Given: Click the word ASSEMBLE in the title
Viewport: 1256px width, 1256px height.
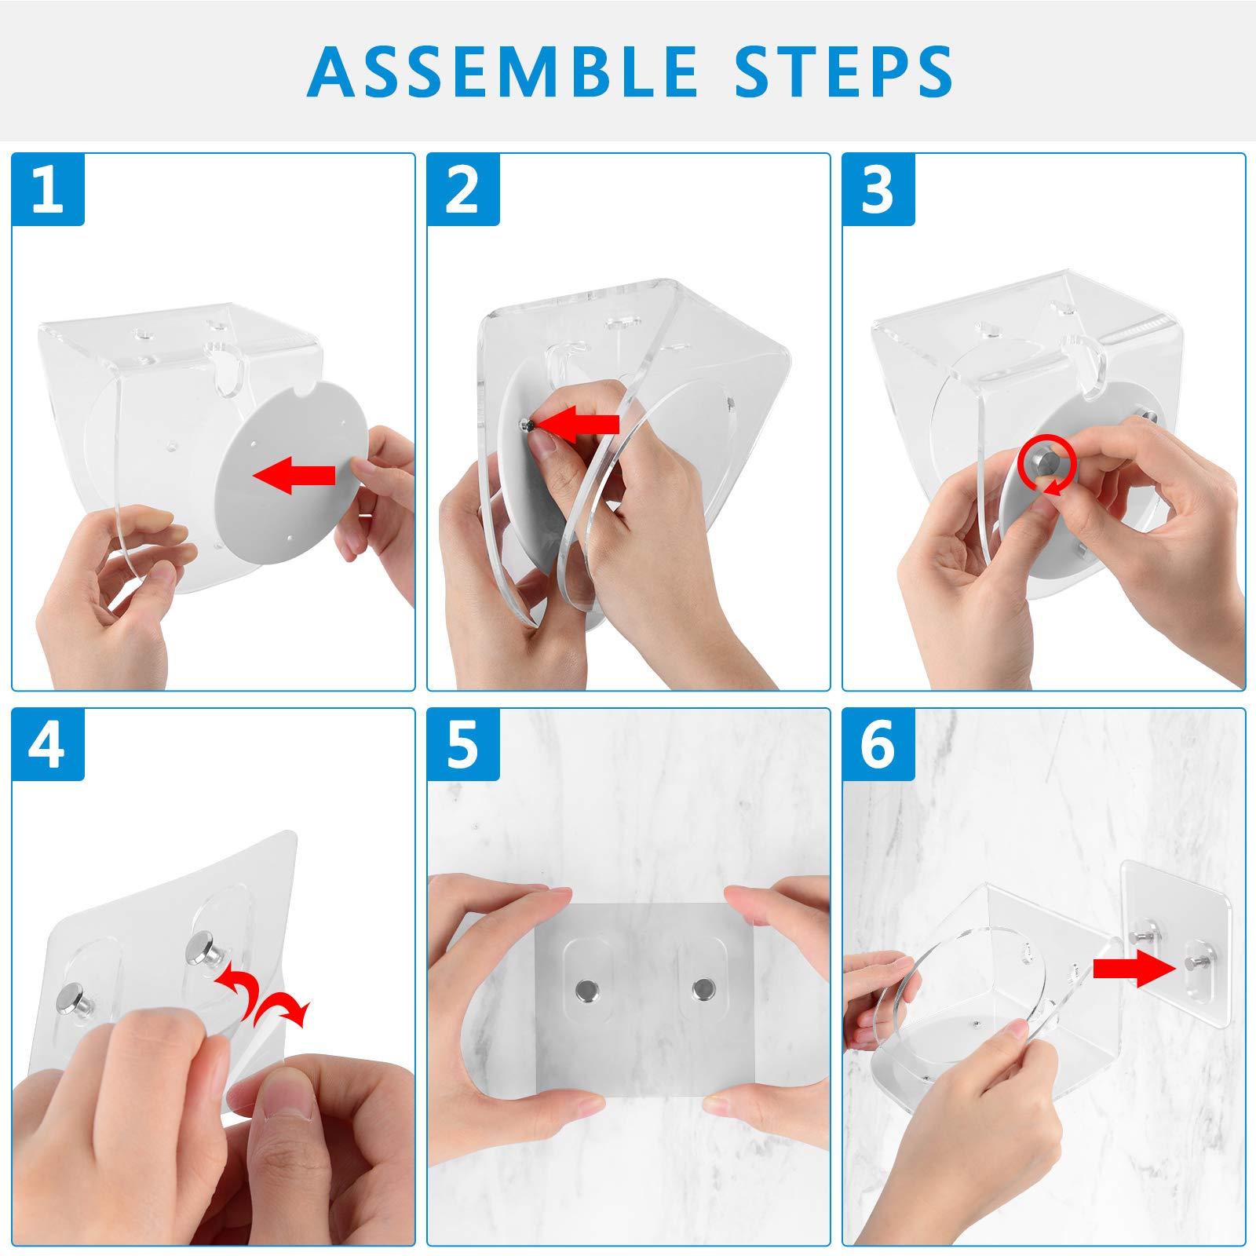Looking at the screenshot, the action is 502,71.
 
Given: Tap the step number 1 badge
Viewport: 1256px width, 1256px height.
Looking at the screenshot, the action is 48,190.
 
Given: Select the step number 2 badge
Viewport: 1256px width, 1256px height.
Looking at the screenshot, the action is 463,190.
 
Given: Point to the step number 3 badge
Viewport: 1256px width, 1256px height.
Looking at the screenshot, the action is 878,190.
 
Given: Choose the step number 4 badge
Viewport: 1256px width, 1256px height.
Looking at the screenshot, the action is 48,744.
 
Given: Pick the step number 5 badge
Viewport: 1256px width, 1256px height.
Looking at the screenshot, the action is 463,744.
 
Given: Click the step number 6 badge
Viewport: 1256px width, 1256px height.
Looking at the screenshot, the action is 878,744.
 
